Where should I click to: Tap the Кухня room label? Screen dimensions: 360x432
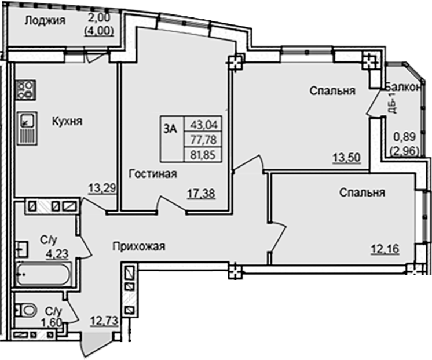tap(67, 122)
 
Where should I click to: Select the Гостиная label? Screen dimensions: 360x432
tap(153, 174)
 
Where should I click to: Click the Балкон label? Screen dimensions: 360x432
tap(404, 88)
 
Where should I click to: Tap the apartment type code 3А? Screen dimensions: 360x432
tap(170, 130)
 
